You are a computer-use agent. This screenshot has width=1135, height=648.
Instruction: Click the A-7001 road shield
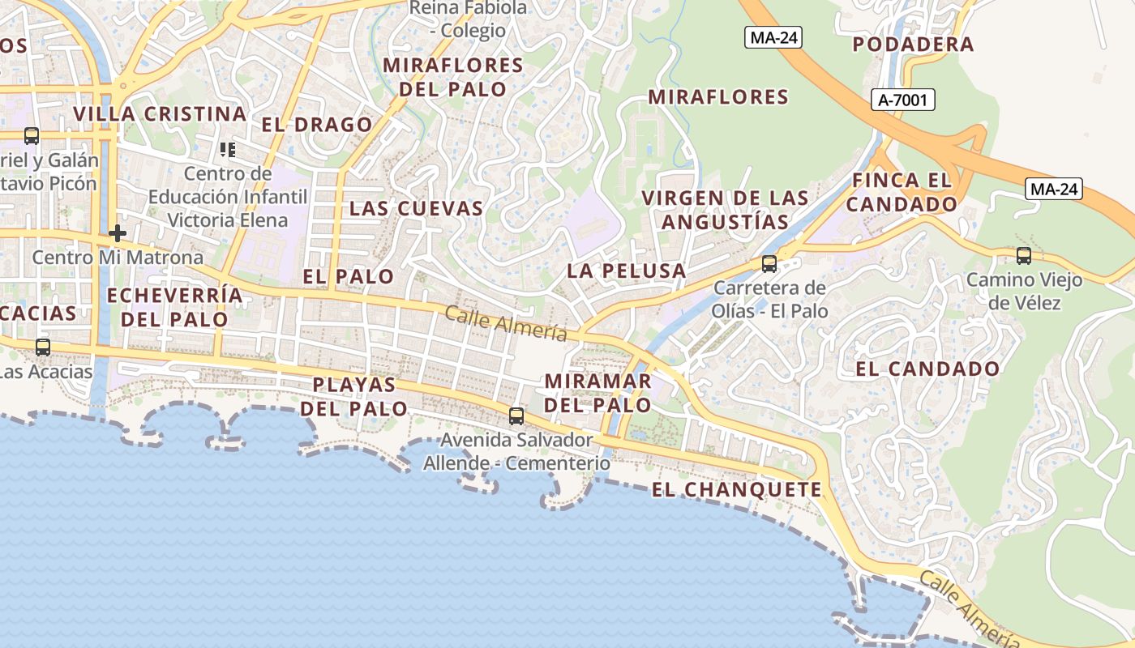coord(906,100)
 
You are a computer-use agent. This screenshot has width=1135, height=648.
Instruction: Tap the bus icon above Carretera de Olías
coord(769,264)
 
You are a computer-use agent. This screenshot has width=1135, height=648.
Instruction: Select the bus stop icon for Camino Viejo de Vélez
coord(1023,256)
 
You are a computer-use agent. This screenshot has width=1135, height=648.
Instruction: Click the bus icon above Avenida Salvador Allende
coord(516,416)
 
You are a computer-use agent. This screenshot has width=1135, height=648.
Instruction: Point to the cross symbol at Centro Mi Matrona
coord(118,233)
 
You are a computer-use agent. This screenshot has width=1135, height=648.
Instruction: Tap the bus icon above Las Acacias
coord(42,347)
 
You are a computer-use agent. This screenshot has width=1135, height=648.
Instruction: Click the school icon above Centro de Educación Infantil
coord(228,149)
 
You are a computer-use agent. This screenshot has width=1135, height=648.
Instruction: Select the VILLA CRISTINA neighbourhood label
coord(160,113)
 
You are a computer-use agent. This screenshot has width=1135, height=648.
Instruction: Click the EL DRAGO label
coord(317,125)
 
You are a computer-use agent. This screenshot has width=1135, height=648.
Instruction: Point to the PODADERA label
coord(913,45)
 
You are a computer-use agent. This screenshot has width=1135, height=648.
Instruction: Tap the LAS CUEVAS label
coord(416,208)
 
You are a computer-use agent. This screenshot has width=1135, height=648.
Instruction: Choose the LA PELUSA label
coord(627,271)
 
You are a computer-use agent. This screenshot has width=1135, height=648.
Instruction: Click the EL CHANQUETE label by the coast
coord(737,489)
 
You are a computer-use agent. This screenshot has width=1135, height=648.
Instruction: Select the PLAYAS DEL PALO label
coord(354,396)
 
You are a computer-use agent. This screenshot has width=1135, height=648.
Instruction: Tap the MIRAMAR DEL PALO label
coord(597,392)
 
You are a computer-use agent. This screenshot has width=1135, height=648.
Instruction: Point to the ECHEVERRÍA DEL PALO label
coord(174,306)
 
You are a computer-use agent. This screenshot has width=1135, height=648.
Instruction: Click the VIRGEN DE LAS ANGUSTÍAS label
coord(726,209)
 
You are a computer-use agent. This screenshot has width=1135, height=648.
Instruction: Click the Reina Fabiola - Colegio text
coord(468,19)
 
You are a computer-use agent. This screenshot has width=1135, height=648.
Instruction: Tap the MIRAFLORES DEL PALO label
coord(453,76)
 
